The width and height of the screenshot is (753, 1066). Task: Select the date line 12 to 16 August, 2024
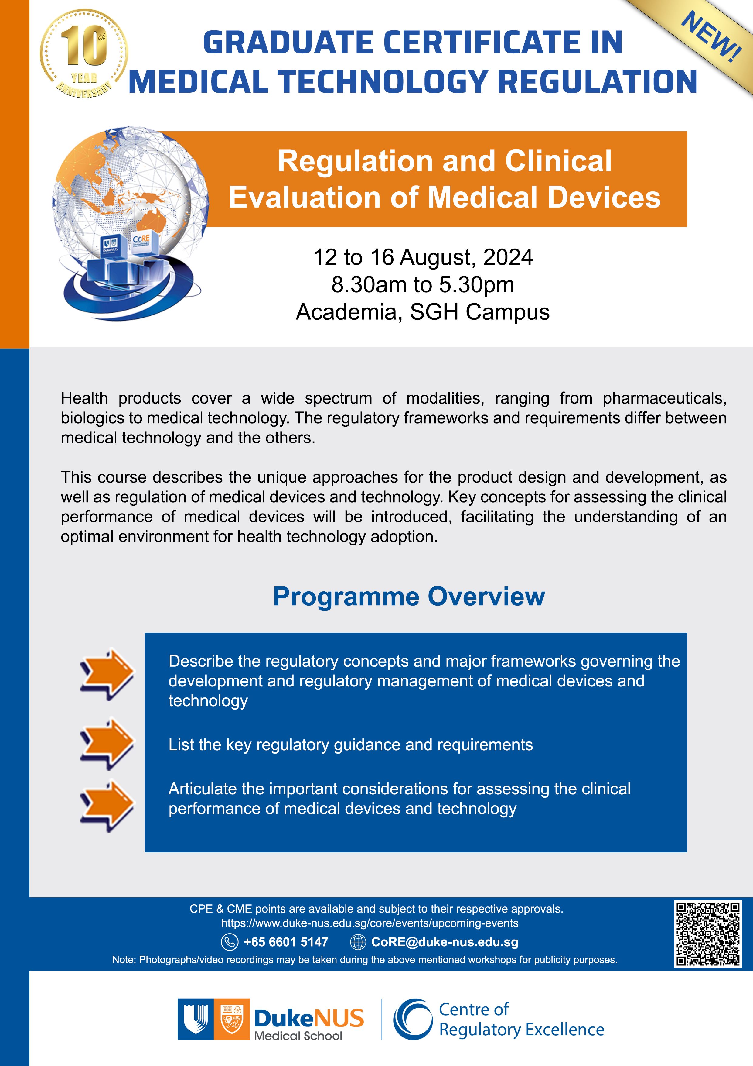[423, 257]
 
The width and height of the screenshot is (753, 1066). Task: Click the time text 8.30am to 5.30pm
[423, 285]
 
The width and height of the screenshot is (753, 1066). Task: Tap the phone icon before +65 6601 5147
[229, 942]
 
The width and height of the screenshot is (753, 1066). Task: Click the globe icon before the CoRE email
[358, 942]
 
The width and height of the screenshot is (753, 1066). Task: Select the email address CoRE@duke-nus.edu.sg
[445, 942]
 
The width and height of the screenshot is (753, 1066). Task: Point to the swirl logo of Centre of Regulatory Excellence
[412, 1019]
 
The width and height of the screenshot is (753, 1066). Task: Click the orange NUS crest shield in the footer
[231, 1019]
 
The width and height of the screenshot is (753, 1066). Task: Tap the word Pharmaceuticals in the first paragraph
[664, 398]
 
